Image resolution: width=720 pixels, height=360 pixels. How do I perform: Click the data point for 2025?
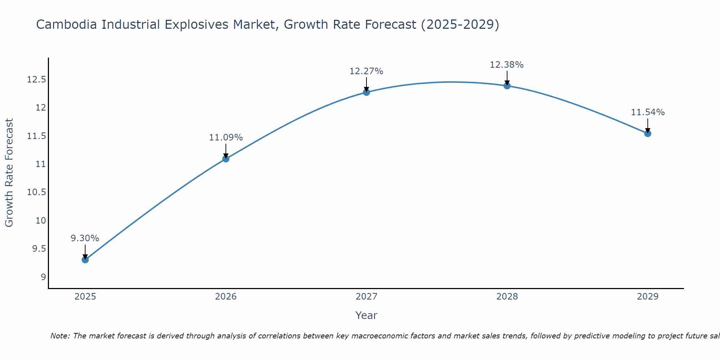pyautogui.click(x=85, y=260)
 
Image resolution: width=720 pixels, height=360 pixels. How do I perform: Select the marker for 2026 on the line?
pyautogui.click(x=226, y=159)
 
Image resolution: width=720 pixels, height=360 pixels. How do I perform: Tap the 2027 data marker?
pyautogui.click(x=366, y=92)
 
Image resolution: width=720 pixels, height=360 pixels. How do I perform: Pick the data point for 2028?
pyautogui.click(x=507, y=86)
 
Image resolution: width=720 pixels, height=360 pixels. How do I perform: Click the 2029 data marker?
pyautogui.click(x=648, y=134)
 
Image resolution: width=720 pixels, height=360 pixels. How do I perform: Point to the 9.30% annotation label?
pyautogui.click(x=85, y=238)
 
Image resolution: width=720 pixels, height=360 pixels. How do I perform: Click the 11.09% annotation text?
pyautogui.click(x=226, y=138)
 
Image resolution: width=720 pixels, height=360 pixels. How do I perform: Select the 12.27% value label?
pyautogui.click(x=366, y=71)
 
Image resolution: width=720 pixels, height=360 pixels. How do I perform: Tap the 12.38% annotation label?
pyautogui.click(x=507, y=65)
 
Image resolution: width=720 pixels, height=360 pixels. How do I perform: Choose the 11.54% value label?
pyautogui.click(x=648, y=112)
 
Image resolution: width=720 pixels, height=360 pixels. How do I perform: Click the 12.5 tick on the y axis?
pyautogui.click(x=36, y=80)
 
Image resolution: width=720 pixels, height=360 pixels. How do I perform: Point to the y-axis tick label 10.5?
pyautogui.click(x=36, y=192)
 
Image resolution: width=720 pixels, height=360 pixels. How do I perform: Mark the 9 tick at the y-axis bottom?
pyautogui.click(x=43, y=277)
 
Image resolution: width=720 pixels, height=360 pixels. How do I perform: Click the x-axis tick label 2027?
pyautogui.click(x=366, y=297)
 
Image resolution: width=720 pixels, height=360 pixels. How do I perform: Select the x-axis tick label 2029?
pyautogui.click(x=648, y=297)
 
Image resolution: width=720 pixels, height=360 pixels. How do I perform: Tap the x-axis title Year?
pyautogui.click(x=366, y=315)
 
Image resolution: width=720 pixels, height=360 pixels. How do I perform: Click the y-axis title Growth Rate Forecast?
pyautogui.click(x=9, y=173)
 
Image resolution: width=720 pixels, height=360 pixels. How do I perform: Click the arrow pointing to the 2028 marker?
pyautogui.click(x=507, y=77)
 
